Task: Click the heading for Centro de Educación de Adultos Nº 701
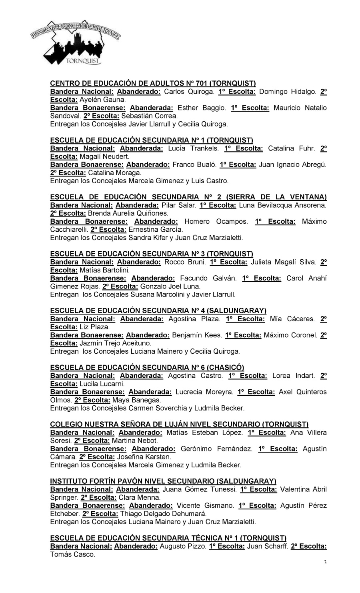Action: (153, 83)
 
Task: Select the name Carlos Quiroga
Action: (189, 92)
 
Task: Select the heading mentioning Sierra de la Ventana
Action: (188, 197)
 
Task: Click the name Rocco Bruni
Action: (185, 262)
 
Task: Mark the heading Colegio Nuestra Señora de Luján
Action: (179, 424)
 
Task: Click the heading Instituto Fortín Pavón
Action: (163, 481)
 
